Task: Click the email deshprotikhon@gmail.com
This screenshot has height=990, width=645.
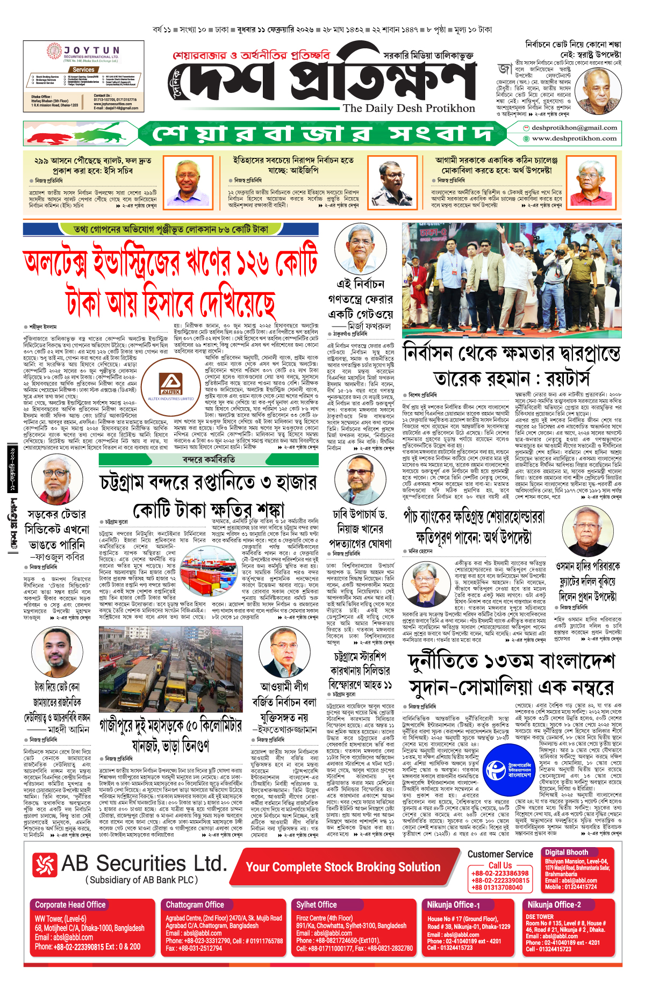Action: (574, 128)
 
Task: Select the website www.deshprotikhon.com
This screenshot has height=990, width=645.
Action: (574, 139)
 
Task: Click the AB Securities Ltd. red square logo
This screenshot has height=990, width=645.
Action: (45, 864)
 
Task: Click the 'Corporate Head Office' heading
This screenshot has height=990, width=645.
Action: (70, 905)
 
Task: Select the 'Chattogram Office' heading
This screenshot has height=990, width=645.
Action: (195, 905)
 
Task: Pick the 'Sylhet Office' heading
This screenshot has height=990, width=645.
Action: (317, 905)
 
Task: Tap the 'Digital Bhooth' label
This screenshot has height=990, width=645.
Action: (567, 852)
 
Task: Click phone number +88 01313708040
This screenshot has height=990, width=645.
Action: (497, 887)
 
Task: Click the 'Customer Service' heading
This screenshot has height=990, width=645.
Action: (500, 854)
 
